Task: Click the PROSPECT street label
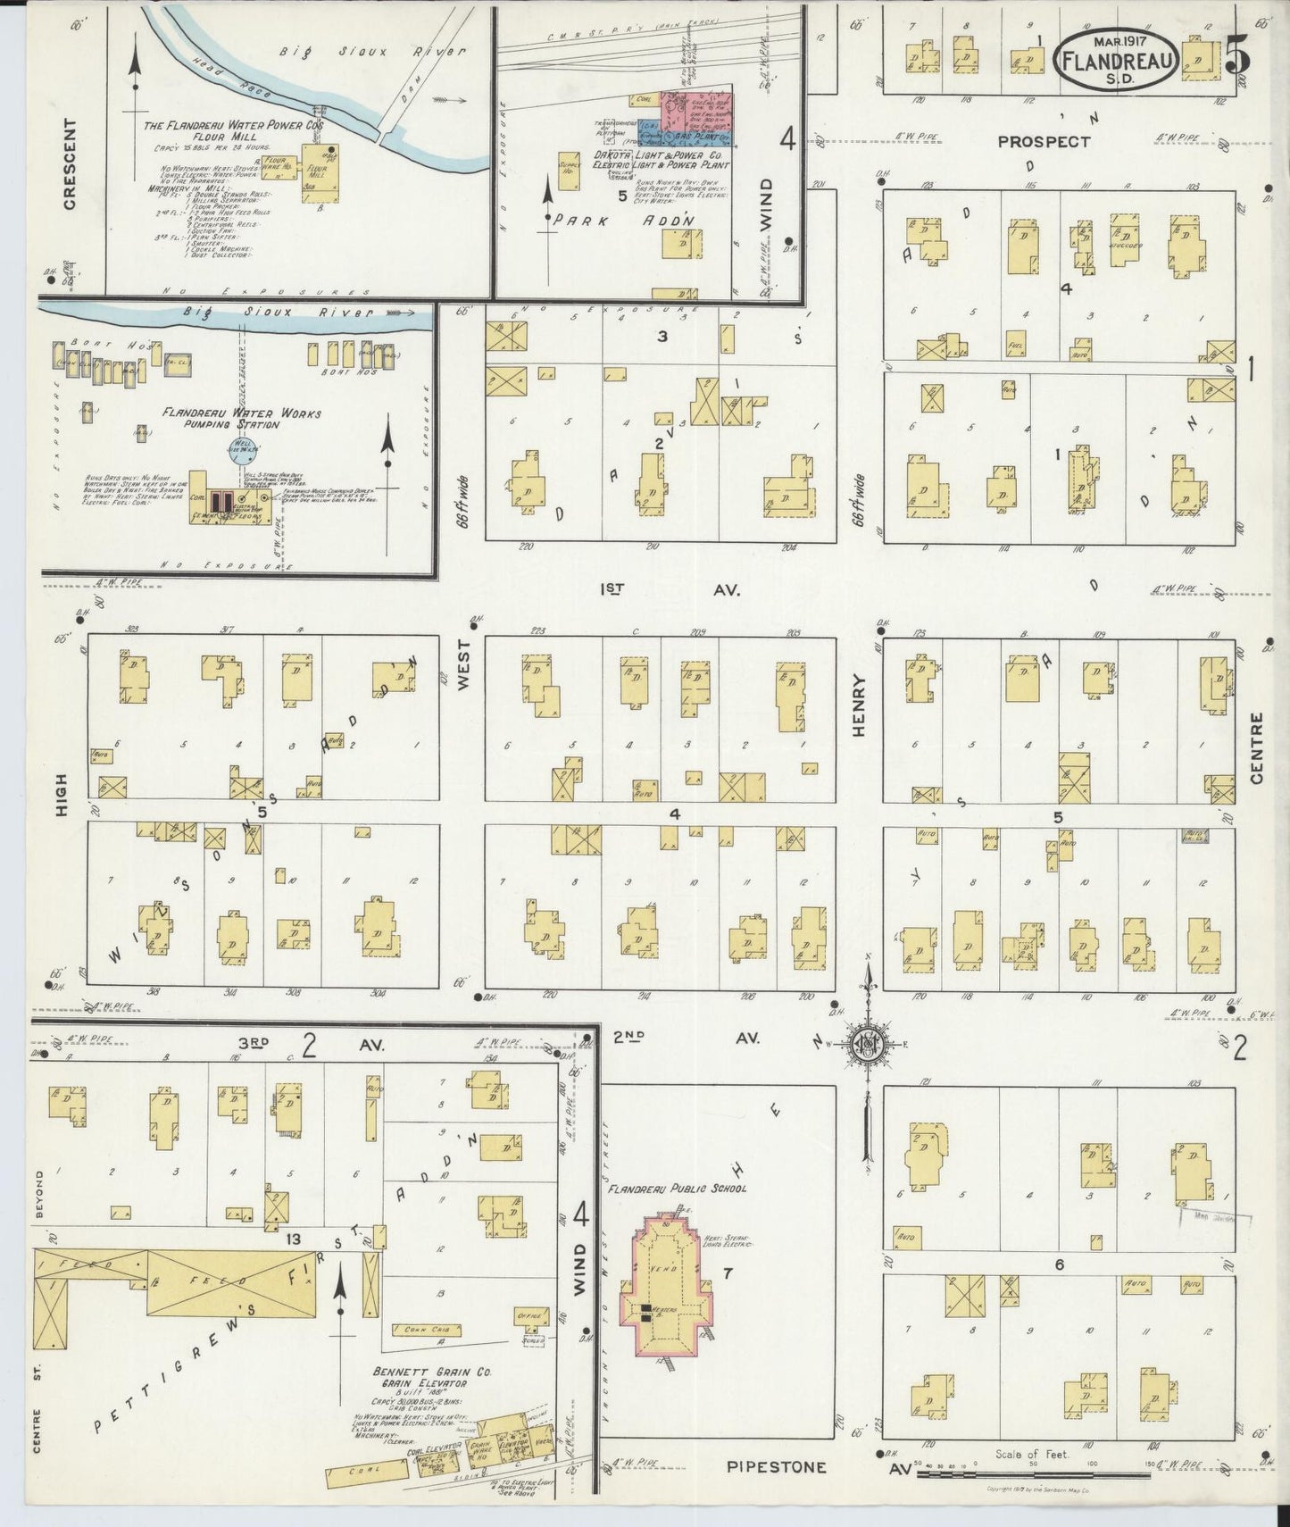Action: coord(1044,141)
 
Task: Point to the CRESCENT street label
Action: coord(71,164)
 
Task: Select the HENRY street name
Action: coord(859,705)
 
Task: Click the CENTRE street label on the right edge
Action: coord(1257,748)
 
